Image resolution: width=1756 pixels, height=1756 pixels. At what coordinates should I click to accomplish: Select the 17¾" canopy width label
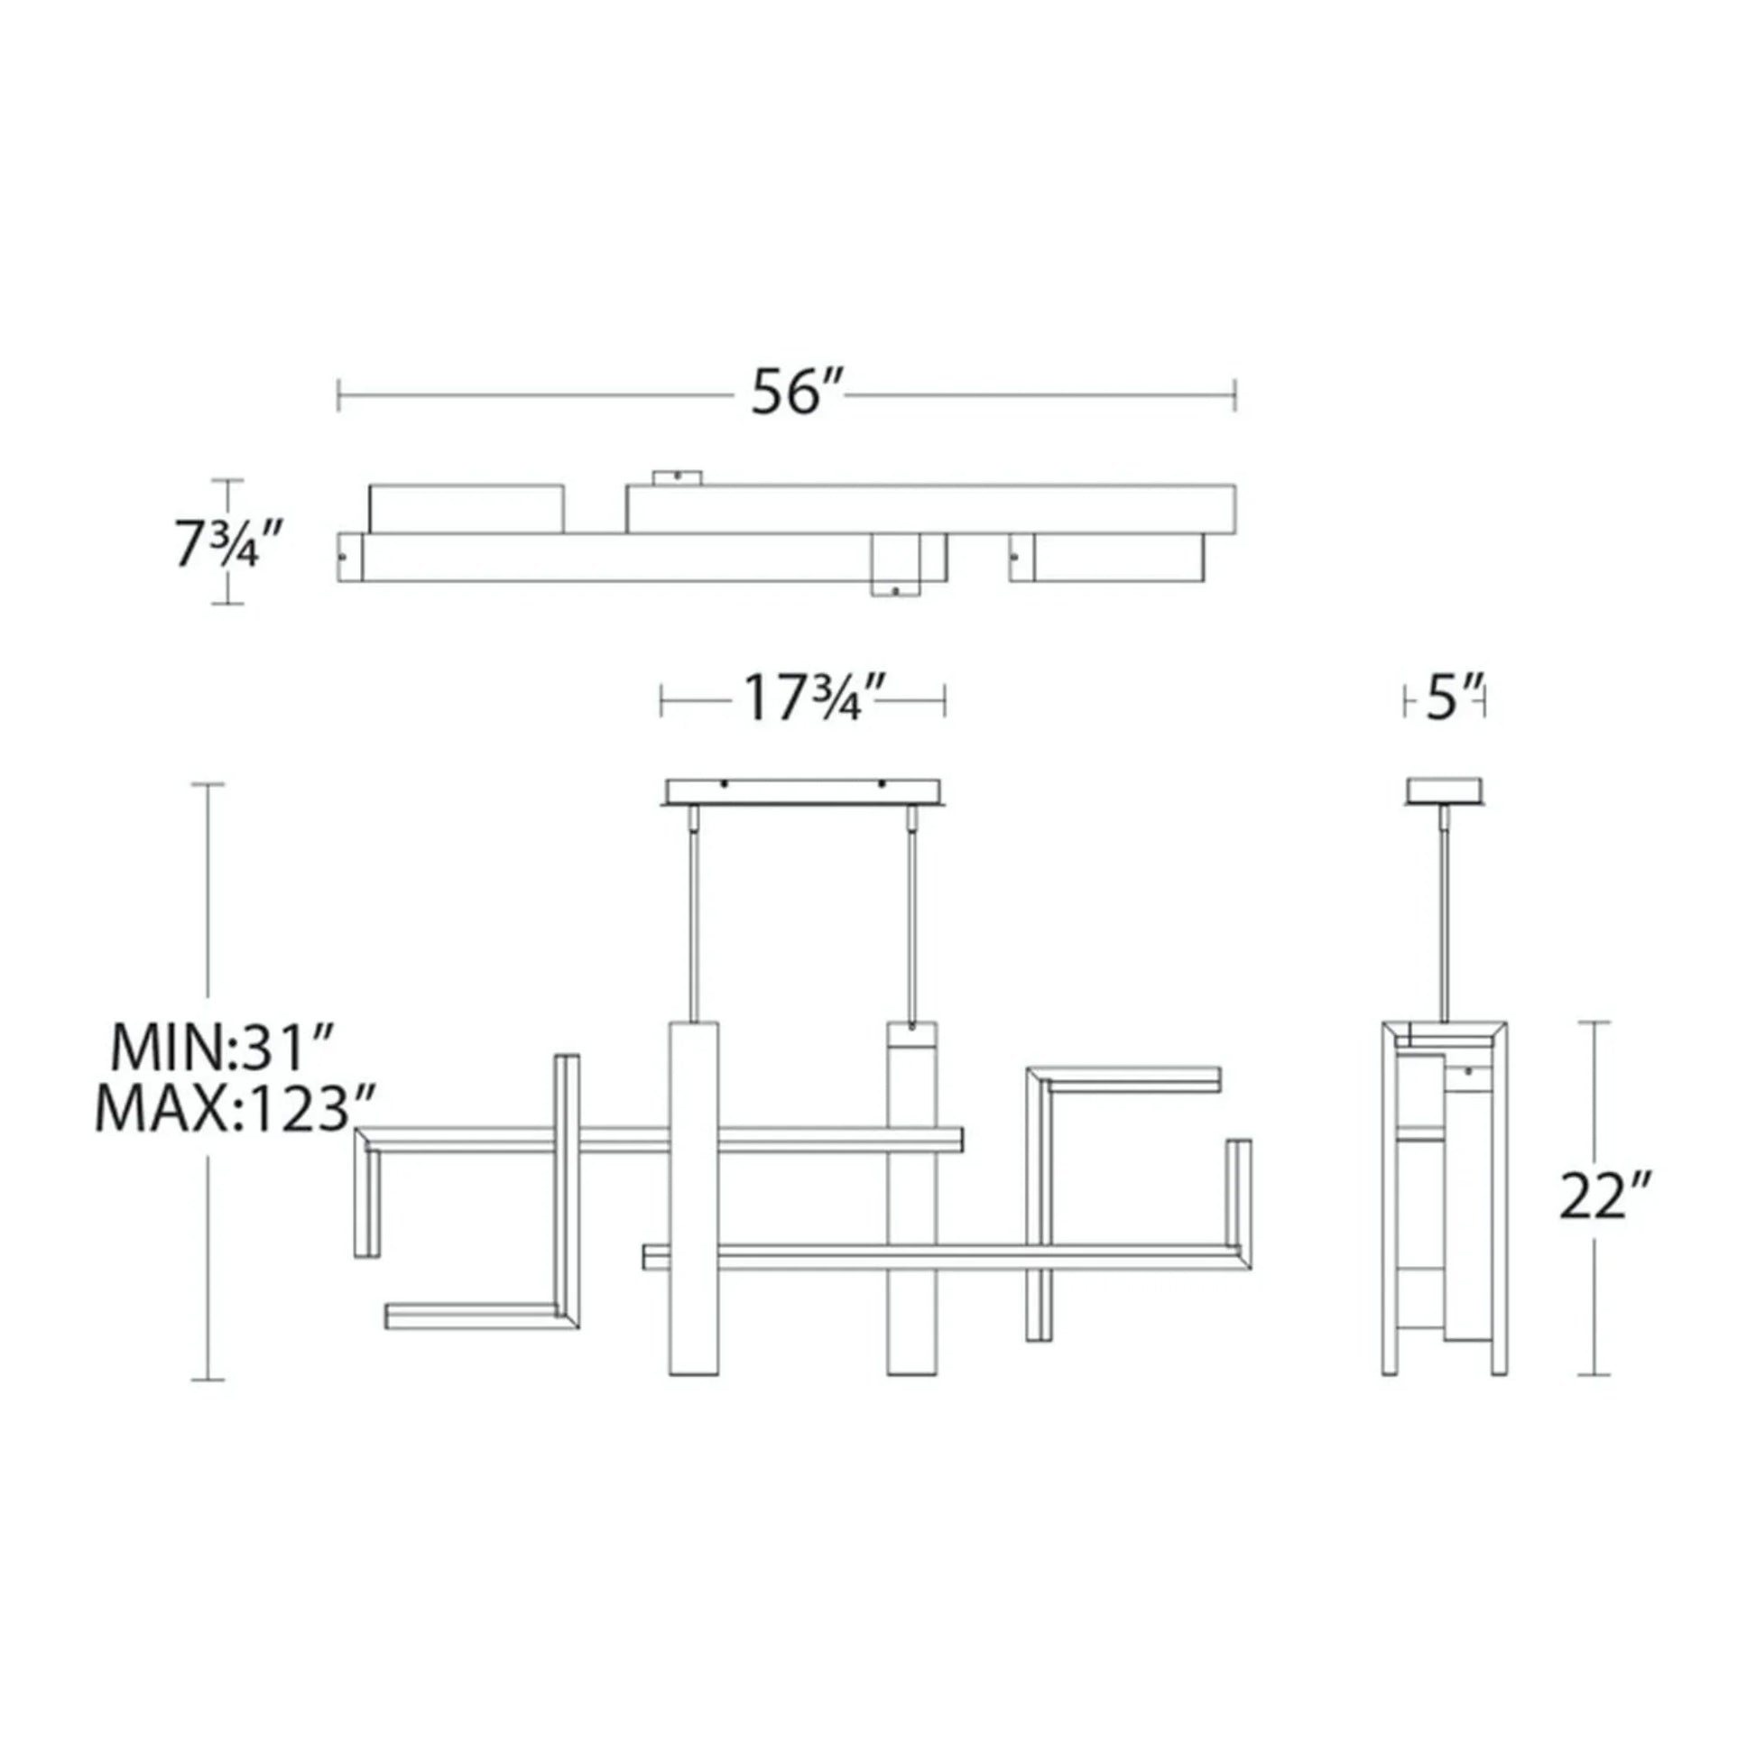pos(803,698)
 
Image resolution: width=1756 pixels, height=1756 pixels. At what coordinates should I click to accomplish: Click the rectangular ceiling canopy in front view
pos(803,790)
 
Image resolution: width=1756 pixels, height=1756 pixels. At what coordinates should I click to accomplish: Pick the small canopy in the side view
pos(1446,790)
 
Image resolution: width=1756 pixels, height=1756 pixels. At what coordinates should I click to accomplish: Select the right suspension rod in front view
pos(910,918)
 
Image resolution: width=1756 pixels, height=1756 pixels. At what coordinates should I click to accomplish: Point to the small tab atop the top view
pos(677,476)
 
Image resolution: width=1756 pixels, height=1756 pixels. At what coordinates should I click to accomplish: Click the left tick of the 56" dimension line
pos(339,395)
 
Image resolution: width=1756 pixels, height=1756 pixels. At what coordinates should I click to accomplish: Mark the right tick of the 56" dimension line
pos(1234,395)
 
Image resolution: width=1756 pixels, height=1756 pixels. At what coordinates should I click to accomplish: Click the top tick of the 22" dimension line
pos(1594,1021)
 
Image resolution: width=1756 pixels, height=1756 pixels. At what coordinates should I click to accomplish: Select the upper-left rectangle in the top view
pos(466,509)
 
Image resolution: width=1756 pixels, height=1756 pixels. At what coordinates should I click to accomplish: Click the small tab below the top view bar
pos(895,590)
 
